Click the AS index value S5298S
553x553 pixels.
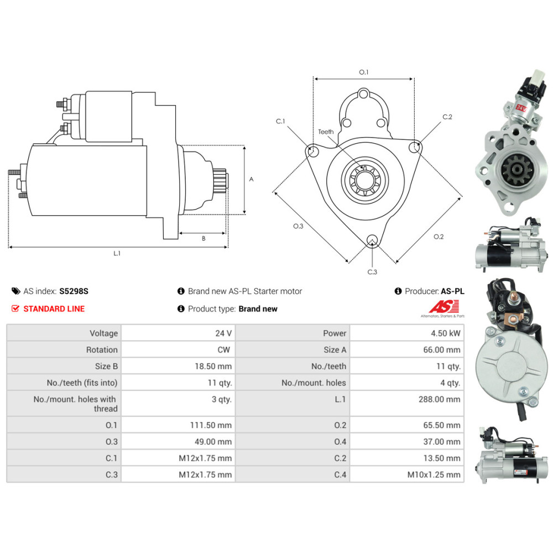coord(74,291)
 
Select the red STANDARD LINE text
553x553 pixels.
coord(54,309)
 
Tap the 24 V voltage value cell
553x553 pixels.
coord(223,333)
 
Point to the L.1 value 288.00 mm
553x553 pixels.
coord(439,399)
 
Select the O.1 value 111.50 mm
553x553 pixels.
coord(210,425)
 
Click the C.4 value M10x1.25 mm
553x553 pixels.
coord(434,474)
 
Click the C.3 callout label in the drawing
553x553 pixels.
coord(372,272)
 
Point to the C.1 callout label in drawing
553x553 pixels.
coord(280,121)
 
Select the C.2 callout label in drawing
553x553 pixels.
coord(447,117)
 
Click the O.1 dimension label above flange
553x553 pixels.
coord(363,72)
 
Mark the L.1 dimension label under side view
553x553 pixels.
coord(117,253)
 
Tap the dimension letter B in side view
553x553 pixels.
coord(204,238)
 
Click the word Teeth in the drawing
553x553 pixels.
coord(326,132)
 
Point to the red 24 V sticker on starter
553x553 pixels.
coord(521,106)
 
